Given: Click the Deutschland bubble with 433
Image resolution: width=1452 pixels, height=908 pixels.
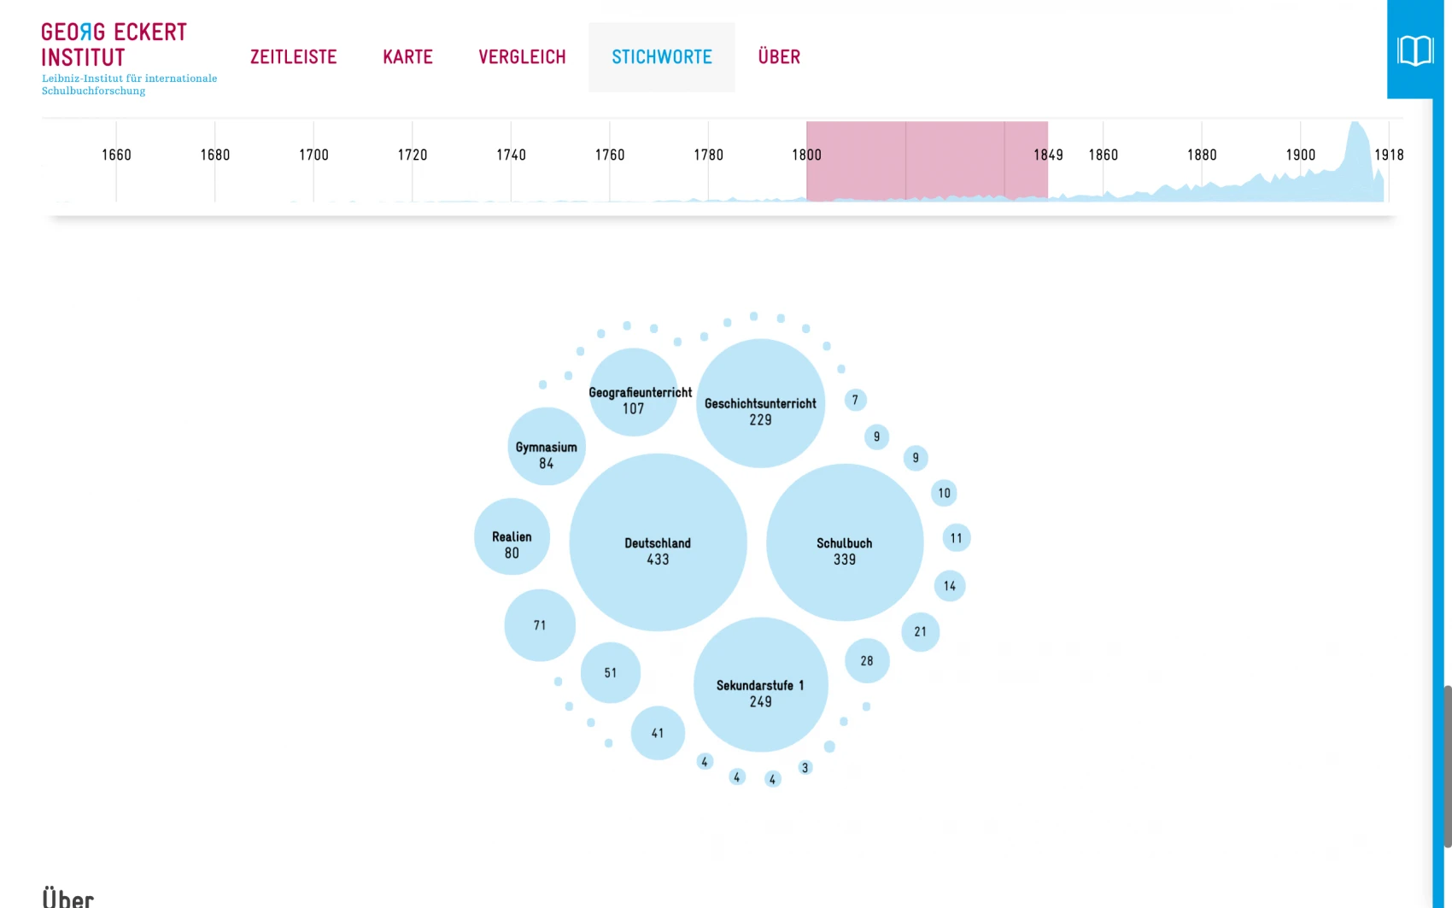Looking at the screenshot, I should pyautogui.click(x=658, y=542).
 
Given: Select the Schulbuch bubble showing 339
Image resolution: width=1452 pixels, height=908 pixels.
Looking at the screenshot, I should pyautogui.click(x=844, y=542).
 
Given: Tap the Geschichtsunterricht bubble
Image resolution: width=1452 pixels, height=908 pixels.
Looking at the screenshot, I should pyautogui.click(x=760, y=404).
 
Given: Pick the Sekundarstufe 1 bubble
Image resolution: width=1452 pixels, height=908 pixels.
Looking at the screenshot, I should pyautogui.click(x=760, y=684).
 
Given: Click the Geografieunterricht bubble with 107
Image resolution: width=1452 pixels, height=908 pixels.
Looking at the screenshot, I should pyautogui.click(x=633, y=394).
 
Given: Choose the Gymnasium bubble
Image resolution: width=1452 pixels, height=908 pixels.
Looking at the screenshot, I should pyautogui.click(x=547, y=447).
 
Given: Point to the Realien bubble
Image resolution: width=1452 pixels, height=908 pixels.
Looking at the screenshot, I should pyautogui.click(x=512, y=536).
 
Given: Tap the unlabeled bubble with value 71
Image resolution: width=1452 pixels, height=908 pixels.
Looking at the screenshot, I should pyautogui.click(x=540, y=625).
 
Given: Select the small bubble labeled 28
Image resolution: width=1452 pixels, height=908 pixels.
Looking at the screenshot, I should pyautogui.click(x=867, y=660).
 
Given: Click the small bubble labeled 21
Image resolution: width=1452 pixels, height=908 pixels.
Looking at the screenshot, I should pyautogui.click(x=920, y=632).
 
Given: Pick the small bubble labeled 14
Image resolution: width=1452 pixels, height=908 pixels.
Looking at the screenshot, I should pyautogui.click(x=950, y=586).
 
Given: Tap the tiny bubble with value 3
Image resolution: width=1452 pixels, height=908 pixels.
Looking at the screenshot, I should pyautogui.click(x=805, y=768).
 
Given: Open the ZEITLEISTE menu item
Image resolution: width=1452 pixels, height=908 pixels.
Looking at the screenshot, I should pyautogui.click(x=293, y=57).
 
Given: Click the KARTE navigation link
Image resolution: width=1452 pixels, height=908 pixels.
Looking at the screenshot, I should pyautogui.click(x=407, y=57).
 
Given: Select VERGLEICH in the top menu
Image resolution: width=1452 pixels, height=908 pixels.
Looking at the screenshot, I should pyautogui.click(x=522, y=57).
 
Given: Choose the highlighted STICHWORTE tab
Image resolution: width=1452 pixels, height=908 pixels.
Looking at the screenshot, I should pyautogui.click(x=661, y=57).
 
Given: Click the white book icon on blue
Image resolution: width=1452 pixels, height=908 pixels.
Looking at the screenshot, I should pyautogui.click(x=1414, y=50).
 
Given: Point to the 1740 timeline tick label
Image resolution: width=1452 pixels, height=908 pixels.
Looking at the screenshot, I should pyautogui.click(x=511, y=155).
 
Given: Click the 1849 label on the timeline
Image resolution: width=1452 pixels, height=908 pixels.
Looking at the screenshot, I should pyautogui.click(x=1048, y=155).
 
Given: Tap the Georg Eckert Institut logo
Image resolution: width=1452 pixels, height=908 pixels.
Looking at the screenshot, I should pyautogui.click(x=114, y=45).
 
